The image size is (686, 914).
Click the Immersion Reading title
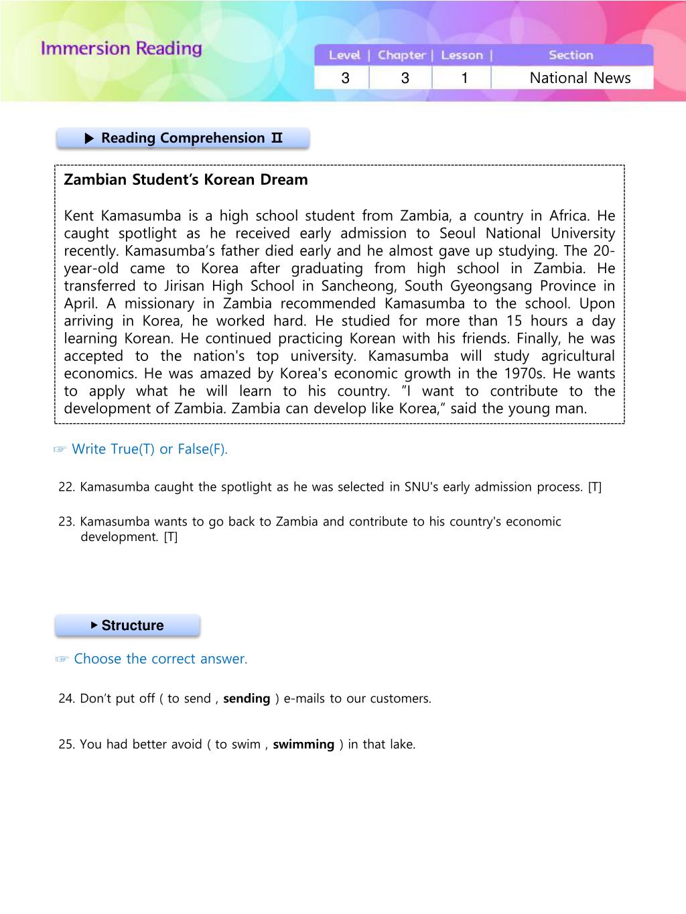pos(121,48)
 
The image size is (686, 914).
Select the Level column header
pos(344,56)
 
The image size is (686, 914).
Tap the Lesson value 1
pos(464,78)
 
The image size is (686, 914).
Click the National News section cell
pos(579,78)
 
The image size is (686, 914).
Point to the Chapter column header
pos(401,56)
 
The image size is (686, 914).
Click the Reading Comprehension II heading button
pos(183,139)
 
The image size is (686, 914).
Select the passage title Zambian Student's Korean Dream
pos(186,179)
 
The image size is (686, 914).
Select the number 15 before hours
pos(514,321)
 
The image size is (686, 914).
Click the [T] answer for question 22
pos(594,487)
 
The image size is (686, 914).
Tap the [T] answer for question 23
pos(170,537)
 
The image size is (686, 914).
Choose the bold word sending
pos(247,698)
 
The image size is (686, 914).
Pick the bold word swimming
pos(303,744)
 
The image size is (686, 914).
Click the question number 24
pos(67,698)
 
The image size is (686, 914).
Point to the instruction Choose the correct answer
pos(160,659)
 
